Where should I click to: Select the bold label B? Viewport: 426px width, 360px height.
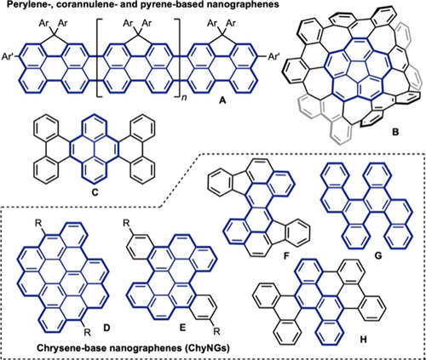click(x=395, y=131)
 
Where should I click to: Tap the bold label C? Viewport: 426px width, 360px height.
click(x=95, y=192)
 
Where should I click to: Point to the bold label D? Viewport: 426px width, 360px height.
click(x=106, y=328)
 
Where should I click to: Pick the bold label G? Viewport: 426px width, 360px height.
click(x=378, y=256)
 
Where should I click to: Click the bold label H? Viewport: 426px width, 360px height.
click(x=363, y=339)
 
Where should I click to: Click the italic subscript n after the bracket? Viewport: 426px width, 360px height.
click(x=185, y=99)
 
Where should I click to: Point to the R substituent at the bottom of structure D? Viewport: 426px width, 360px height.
click(x=87, y=332)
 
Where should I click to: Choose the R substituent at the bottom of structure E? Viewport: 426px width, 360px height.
click(x=217, y=331)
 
